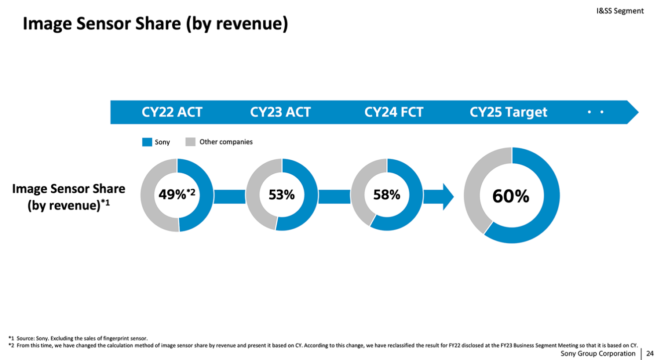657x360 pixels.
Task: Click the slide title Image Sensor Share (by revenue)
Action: [x=155, y=24]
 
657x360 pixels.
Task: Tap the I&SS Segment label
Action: [x=620, y=10]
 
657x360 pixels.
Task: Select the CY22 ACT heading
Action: [x=172, y=112]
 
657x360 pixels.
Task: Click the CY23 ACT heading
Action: [x=280, y=112]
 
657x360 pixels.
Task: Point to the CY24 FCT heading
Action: [x=394, y=112]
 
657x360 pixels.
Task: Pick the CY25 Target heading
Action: [x=508, y=112]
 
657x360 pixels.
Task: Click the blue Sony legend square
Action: [x=147, y=142]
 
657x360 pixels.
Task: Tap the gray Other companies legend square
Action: [x=190, y=142]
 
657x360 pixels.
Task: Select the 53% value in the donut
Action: [x=282, y=195]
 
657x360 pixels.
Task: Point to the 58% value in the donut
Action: [x=387, y=195]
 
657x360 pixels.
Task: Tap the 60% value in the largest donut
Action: [x=511, y=197]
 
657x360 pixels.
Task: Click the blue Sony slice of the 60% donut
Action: [x=545, y=199]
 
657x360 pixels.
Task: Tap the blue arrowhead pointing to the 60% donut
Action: [x=447, y=197]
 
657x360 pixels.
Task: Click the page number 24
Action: [x=650, y=354]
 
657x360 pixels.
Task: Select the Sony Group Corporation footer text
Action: [x=598, y=354]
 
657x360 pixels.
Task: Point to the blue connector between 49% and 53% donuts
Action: [x=229, y=197]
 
